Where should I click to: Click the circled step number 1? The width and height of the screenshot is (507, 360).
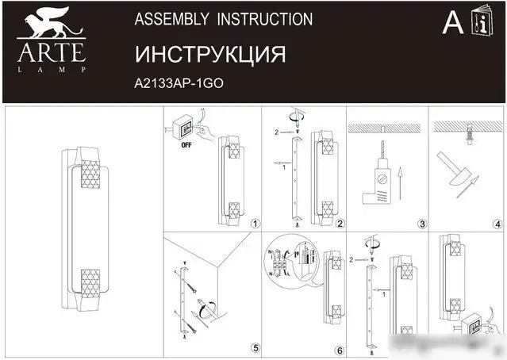click(254, 224)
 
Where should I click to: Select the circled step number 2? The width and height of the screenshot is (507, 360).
click(339, 224)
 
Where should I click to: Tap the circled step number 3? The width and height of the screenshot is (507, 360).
click(422, 224)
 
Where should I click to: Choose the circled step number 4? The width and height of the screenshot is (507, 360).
click(497, 224)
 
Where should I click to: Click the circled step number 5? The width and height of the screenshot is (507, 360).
click(254, 347)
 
